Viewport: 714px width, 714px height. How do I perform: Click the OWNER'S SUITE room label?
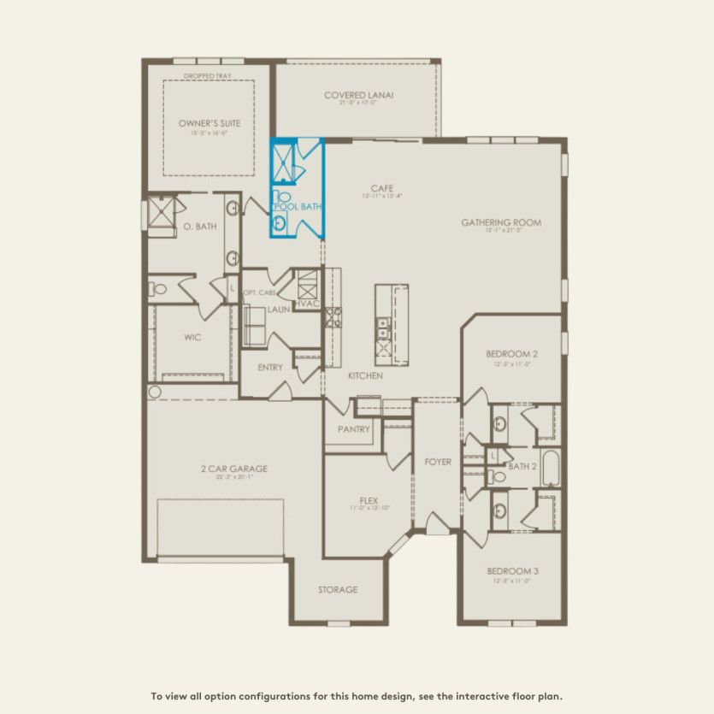[209, 123]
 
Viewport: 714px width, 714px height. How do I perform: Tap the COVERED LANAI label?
[358, 95]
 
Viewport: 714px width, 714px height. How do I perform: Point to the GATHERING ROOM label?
[501, 222]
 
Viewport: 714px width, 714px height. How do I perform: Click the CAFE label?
[381, 188]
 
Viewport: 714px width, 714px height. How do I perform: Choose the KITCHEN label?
[364, 375]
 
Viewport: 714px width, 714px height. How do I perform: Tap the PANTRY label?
[353, 429]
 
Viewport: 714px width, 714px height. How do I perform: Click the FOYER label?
[438, 462]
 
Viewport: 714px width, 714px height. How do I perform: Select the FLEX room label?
[369, 501]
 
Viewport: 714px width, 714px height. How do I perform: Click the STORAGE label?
[338, 589]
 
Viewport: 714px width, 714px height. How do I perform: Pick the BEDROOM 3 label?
[513, 570]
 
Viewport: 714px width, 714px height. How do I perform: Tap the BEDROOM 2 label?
[512, 354]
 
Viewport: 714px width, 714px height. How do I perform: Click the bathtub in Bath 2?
[550, 468]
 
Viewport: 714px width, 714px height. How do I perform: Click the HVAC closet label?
[306, 304]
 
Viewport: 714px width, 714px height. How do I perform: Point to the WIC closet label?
[192, 337]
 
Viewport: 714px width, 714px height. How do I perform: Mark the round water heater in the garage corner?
[154, 392]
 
